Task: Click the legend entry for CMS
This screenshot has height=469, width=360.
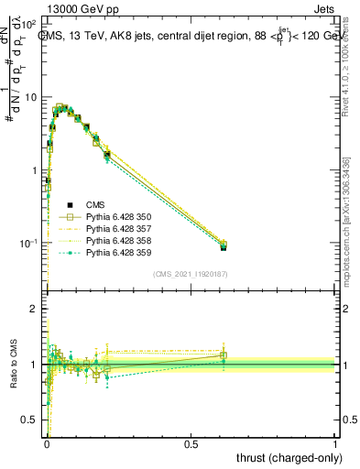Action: coord(96,205)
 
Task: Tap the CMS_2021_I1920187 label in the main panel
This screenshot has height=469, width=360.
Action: coord(191,274)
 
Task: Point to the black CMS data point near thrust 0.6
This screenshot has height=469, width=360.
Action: coord(224,246)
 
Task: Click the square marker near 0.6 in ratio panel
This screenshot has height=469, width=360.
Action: coord(224,355)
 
